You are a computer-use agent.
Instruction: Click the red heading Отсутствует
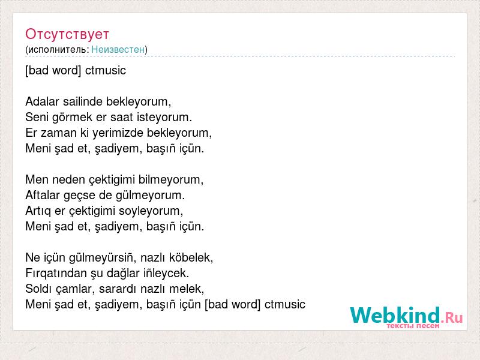(67, 34)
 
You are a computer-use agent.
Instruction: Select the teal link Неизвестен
(118, 49)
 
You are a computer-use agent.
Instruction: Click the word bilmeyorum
(171, 179)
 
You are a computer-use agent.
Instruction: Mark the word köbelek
(191, 257)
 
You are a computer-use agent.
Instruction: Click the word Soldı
(38, 289)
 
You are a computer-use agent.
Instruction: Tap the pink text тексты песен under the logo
(413, 326)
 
